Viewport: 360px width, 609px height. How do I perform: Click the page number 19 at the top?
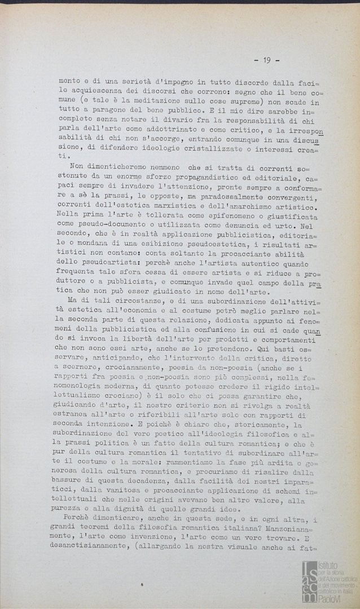[266, 59]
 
